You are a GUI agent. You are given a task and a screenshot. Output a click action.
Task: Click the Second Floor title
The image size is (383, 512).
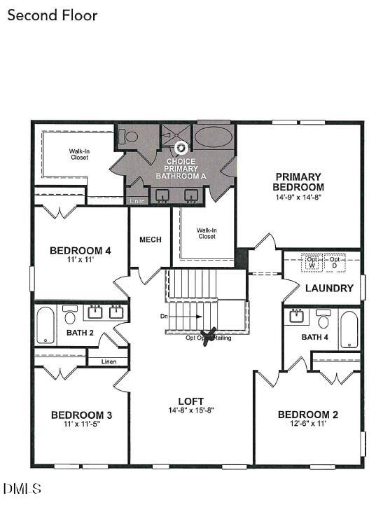click(53, 15)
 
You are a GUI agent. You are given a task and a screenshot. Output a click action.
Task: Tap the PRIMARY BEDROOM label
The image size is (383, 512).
click(298, 182)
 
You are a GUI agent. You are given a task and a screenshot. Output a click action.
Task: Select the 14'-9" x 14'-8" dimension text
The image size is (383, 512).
click(298, 198)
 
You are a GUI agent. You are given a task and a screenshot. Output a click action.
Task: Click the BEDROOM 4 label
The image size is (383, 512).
click(80, 251)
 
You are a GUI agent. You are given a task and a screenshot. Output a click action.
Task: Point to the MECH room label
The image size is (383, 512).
click(151, 240)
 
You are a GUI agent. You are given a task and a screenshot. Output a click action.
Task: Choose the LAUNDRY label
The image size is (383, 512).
click(326, 288)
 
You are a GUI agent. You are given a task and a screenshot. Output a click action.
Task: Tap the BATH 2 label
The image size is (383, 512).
click(80, 333)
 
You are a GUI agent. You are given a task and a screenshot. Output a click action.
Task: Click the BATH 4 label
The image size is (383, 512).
click(314, 338)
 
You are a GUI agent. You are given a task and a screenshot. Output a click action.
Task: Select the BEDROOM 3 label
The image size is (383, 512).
click(81, 415)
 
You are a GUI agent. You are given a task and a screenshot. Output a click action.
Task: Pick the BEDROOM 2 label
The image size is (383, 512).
click(308, 415)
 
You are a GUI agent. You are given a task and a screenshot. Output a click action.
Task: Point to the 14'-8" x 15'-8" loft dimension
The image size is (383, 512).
click(190, 410)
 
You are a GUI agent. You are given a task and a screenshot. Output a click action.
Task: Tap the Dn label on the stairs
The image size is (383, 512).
click(164, 317)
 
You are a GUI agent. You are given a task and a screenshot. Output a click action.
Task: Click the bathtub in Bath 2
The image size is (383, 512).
click(46, 325)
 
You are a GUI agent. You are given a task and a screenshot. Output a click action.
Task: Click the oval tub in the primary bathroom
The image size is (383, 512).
click(214, 137)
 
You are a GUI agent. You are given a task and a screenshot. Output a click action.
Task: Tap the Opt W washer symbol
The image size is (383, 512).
click(312, 262)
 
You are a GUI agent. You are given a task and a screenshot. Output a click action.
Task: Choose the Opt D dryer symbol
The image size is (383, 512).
click(334, 262)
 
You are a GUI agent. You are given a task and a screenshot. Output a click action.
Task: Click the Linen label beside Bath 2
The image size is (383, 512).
click(109, 361)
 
